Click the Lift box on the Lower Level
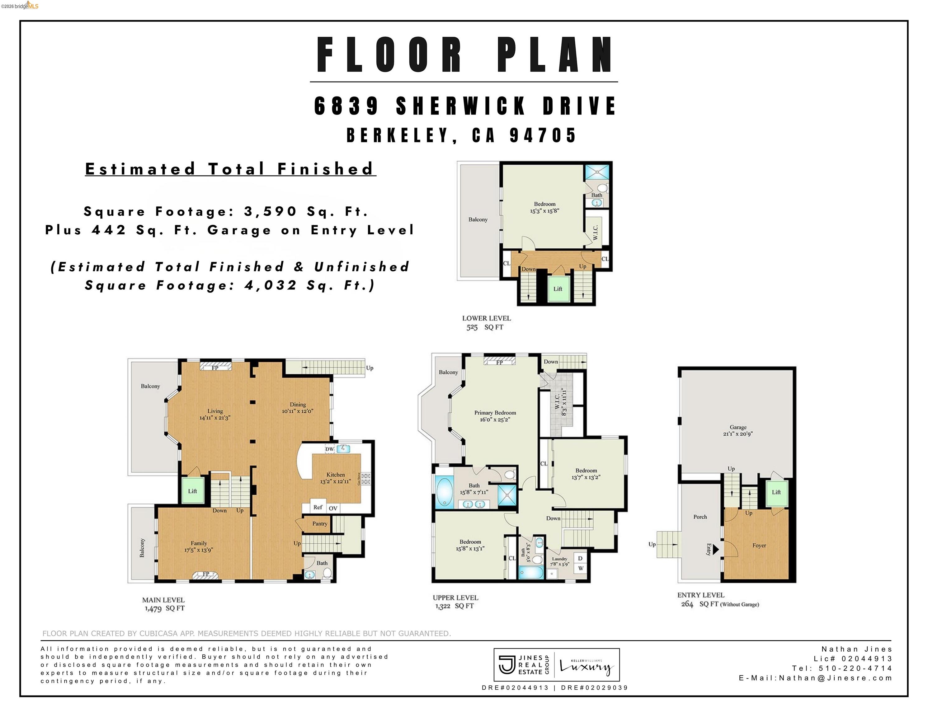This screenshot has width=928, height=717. (x=558, y=289)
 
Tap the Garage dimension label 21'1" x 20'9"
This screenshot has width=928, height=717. (x=738, y=434)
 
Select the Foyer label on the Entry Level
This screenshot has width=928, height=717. (x=759, y=546)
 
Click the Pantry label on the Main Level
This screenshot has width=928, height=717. (x=319, y=523)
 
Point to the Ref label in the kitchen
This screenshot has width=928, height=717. (x=318, y=507)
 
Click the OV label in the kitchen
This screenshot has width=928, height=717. (x=333, y=508)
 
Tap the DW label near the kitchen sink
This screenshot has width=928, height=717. (x=330, y=449)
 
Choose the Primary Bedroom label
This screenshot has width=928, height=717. (x=495, y=413)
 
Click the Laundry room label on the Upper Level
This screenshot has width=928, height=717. (x=559, y=559)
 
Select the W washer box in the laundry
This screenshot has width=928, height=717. (x=580, y=568)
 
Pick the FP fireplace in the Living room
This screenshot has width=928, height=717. (x=215, y=368)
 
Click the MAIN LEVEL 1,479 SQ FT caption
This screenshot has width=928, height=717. (x=163, y=604)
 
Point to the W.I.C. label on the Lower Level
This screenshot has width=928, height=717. (x=595, y=232)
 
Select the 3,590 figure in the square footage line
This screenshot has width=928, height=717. (x=270, y=211)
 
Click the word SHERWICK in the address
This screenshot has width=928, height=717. (x=461, y=106)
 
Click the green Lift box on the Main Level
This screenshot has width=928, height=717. (x=192, y=491)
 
